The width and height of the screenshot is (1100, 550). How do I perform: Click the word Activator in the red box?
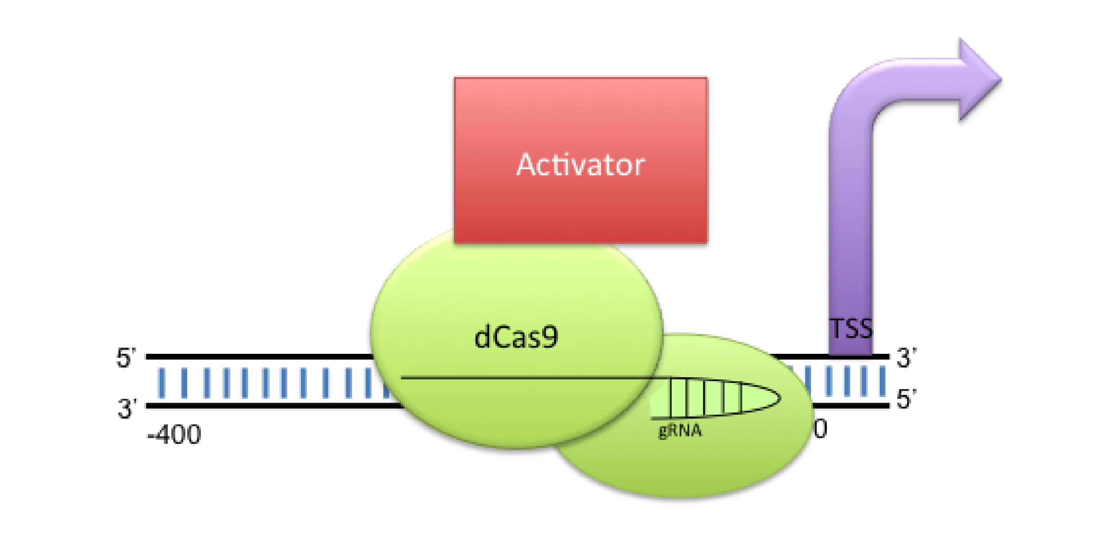click(x=580, y=164)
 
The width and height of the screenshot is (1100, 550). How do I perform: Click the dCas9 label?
click(x=516, y=337)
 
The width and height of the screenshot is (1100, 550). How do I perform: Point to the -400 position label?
click(x=174, y=435)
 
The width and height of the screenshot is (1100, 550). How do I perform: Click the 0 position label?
click(x=820, y=429)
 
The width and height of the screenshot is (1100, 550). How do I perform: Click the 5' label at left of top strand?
click(x=126, y=357)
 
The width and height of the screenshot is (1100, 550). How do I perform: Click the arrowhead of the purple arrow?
click(x=980, y=80)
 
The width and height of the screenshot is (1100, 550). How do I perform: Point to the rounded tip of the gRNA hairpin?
click(x=780, y=398)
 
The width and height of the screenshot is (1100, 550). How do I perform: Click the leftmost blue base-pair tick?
click(x=162, y=383)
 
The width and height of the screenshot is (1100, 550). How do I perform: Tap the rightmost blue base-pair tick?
click(x=882, y=380)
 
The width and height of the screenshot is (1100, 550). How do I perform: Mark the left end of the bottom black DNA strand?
click(x=146, y=406)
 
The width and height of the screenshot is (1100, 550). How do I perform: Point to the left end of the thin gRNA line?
click(x=401, y=378)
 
